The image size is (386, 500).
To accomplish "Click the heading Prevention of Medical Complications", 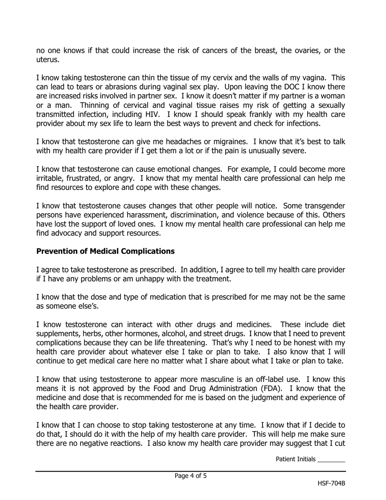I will coord(106,251).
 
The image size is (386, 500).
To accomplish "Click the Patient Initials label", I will coord(295,459).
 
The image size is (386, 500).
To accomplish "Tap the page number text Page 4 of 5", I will coord(191,476).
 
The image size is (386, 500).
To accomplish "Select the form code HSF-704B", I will coord(331,483).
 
